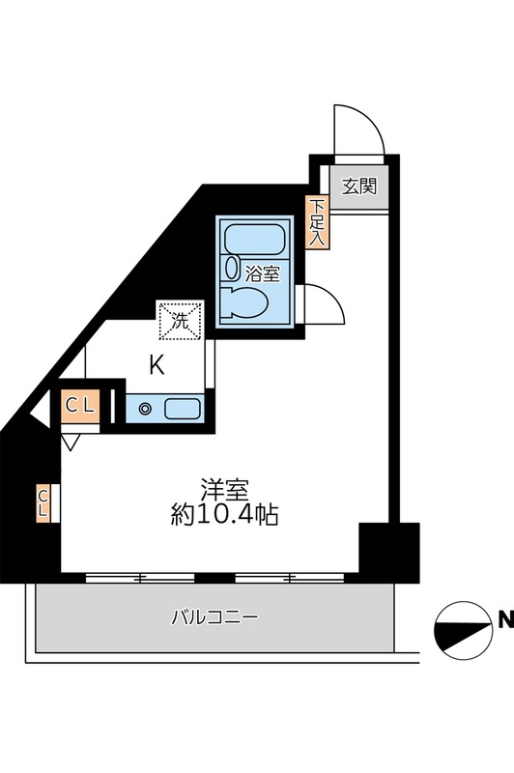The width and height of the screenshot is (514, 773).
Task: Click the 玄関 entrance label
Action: click(x=358, y=186)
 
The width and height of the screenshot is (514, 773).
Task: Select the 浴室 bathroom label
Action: click(x=262, y=272)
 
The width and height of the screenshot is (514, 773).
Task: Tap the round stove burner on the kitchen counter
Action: click(x=144, y=409)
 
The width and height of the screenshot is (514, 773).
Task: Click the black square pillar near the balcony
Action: click(x=389, y=551)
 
